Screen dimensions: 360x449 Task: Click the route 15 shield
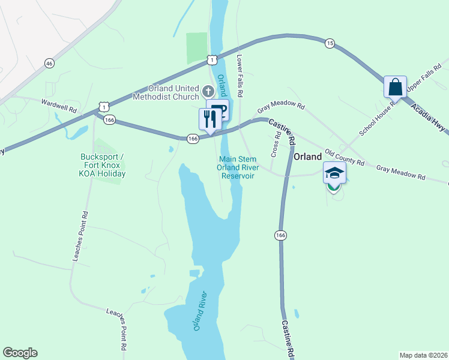[x=330, y=43]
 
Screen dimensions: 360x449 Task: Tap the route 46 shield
[x=49, y=63]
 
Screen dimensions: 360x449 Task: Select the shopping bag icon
[x=396, y=87]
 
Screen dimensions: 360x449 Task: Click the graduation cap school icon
[x=334, y=173]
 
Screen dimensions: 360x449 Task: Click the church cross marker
[x=208, y=91]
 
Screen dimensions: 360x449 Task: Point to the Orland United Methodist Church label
[x=165, y=92]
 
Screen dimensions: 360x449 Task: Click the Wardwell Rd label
[x=59, y=106]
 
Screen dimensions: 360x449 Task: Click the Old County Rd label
[x=345, y=158]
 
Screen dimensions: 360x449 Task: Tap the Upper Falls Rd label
[x=419, y=82]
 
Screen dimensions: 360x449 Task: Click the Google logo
[x=20, y=353]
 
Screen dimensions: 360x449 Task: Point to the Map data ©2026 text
[x=423, y=355]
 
